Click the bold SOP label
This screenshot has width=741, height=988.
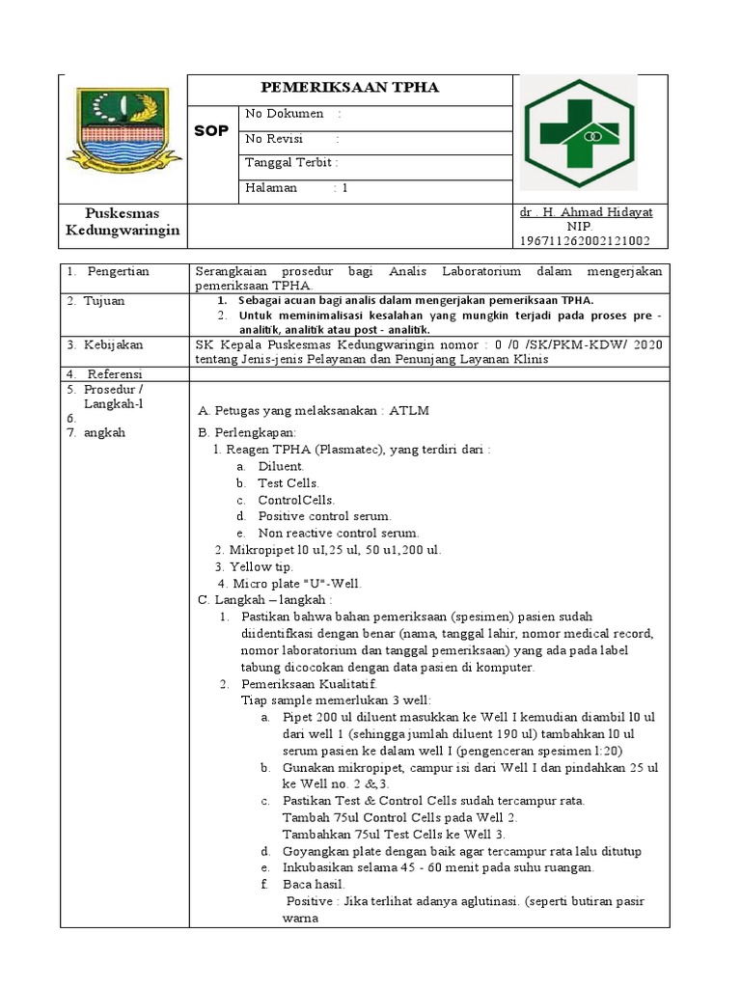(211, 131)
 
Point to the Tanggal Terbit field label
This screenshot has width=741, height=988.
(291, 163)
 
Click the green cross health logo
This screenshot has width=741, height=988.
(577, 134)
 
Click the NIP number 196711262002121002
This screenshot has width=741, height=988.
(585, 240)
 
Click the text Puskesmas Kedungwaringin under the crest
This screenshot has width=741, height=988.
(123, 222)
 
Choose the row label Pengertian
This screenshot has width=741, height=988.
(117, 272)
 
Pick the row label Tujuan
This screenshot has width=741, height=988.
(104, 301)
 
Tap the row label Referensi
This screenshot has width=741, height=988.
(114, 373)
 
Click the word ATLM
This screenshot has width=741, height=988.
(409, 411)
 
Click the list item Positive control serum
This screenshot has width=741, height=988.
(324, 516)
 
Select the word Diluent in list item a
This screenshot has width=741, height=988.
(281, 466)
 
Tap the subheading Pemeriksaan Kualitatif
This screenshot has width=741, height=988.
(301, 683)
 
